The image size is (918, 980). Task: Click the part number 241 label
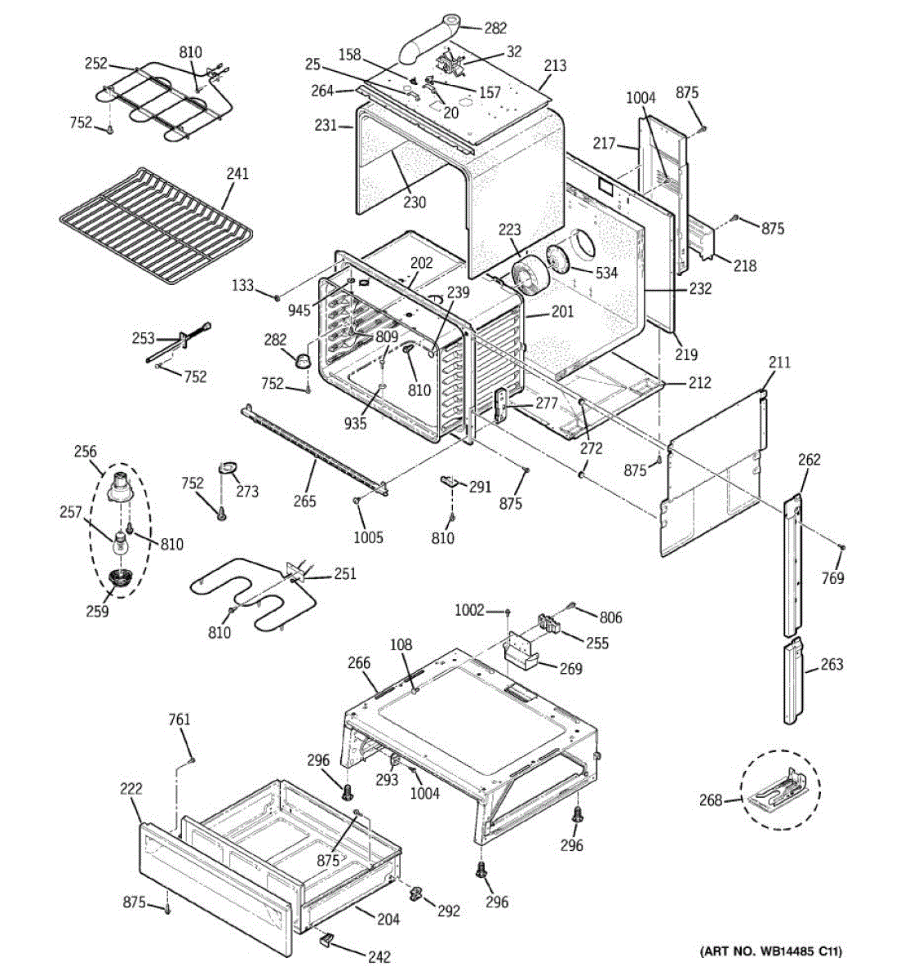click(238, 174)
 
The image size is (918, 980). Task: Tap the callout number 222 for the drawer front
click(131, 789)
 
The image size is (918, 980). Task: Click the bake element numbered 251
click(245, 600)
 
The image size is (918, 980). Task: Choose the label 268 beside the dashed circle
click(711, 800)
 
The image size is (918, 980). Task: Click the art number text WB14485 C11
click(771, 951)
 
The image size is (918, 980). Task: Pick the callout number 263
click(832, 665)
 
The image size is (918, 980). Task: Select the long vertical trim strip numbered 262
click(791, 563)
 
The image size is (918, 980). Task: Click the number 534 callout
click(606, 273)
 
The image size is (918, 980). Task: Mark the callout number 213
click(555, 65)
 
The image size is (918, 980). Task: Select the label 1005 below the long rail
click(369, 537)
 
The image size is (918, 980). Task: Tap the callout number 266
click(359, 664)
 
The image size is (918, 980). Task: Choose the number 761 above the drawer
click(179, 719)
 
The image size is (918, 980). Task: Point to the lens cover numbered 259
click(121, 579)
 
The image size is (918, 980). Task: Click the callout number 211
click(779, 362)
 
